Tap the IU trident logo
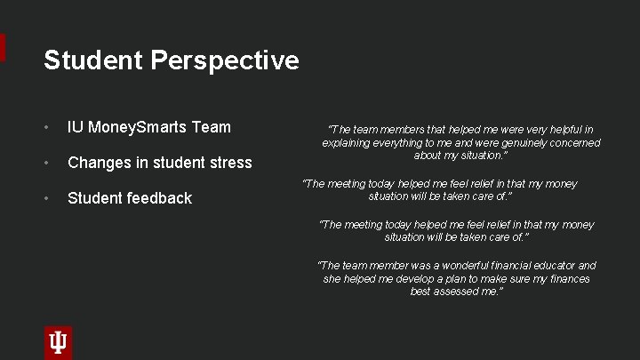[58, 342]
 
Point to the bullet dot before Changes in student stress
[48, 163]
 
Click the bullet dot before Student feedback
[48, 198]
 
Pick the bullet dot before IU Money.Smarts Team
[48, 127]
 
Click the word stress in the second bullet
[230, 163]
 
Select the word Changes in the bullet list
[97, 163]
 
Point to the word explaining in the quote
[347, 142]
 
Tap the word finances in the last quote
[569, 278]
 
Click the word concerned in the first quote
[577, 142]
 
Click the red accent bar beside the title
[3, 48]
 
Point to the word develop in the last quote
[406, 278]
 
